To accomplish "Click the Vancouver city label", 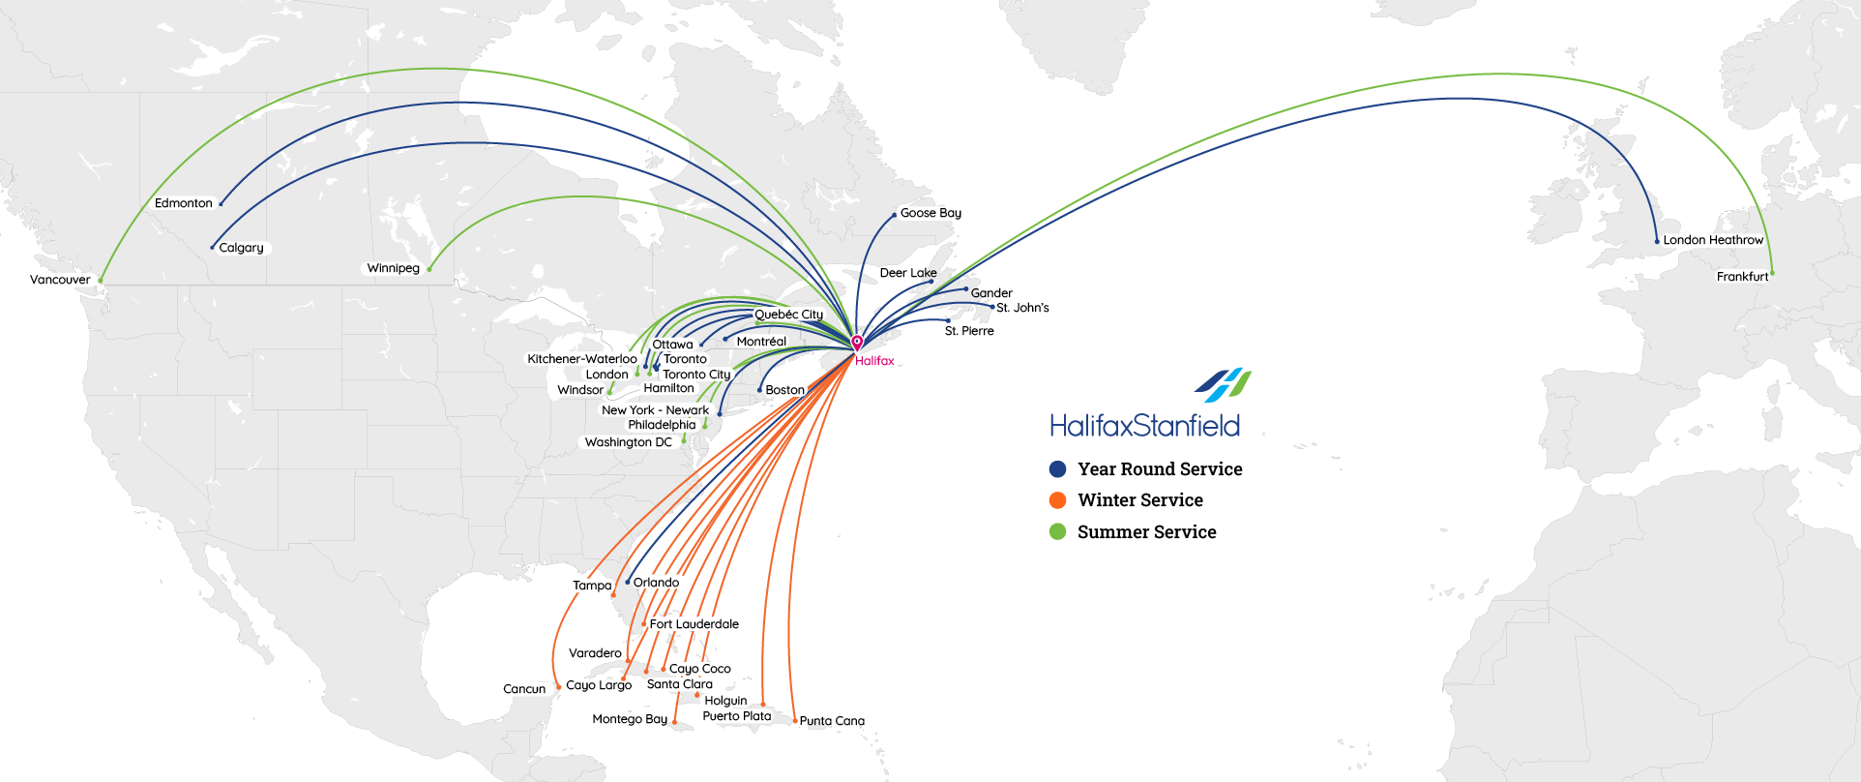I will [x=60, y=280].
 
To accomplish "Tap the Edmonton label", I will [x=183, y=203].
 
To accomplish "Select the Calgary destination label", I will [x=241, y=248].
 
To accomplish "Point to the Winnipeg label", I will [x=393, y=268].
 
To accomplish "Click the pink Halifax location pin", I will [x=857, y=343].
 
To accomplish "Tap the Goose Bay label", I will [x=930, y=213].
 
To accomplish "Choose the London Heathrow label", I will [x=1713, y=240].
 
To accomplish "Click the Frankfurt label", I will [x=1742, y=277].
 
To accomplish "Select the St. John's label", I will [x=1022, y=308].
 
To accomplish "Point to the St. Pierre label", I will [x=969, y=331].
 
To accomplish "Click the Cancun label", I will [x=524, y=689].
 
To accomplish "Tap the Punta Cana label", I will [x=832, y=721].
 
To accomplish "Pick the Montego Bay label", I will [x=630, y=719].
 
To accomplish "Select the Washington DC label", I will [x=628, y=442].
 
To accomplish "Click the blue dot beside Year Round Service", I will [x=1058, y=469].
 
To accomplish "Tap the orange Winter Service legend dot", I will [x=1058, y=500].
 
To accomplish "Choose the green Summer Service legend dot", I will [x=1058, y=531].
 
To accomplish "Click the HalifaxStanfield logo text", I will [x=1144, y=426].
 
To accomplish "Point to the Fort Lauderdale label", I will [x=694, y=624].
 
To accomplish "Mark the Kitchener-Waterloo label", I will [x=582, y=359].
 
